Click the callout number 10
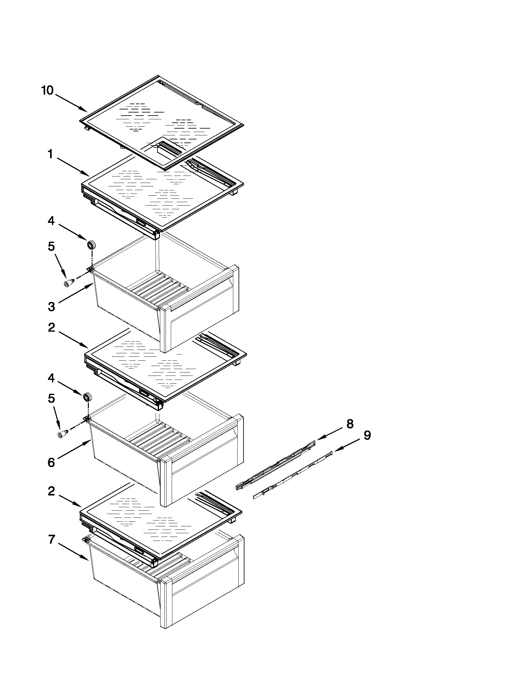point(47,91)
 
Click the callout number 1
point(50,154)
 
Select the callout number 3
point(51,307)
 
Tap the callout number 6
point(51,462)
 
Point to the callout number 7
point(52,539)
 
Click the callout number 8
point(350,424)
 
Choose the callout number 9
point(367,435)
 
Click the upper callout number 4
point(51,221)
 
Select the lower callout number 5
point(51,398)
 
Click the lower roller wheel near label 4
point(88,397)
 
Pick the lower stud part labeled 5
point(62,434)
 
